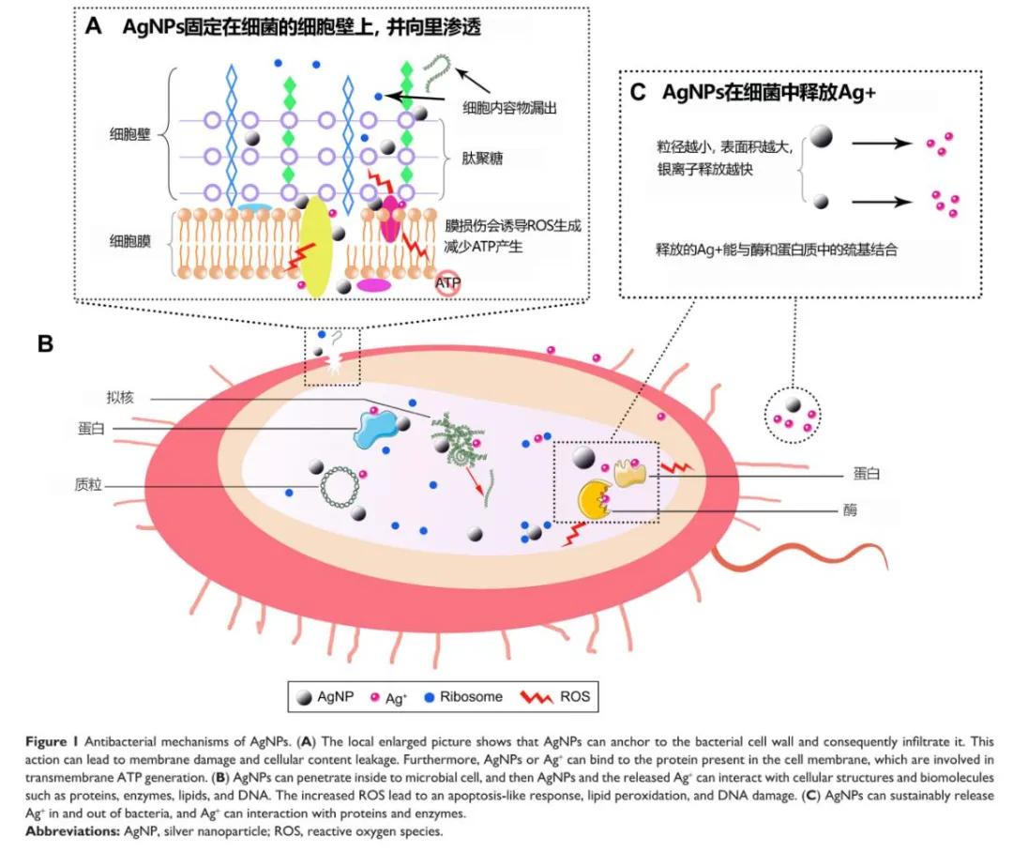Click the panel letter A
(x=93, y=26)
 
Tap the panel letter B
(x=45, y=343)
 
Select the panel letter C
(x=639, y=92)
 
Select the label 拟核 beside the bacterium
(x=121, y=398)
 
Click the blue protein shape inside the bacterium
(x=377, y=432)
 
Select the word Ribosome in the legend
(x=471, y=696)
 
